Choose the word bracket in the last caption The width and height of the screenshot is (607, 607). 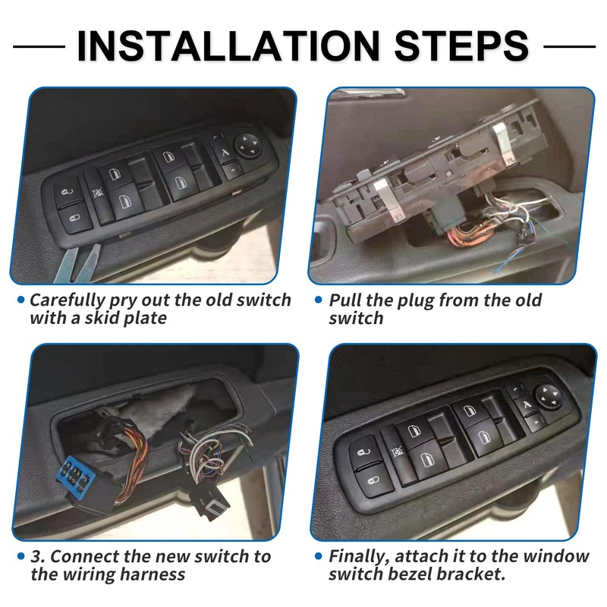[x=478, y=574]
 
